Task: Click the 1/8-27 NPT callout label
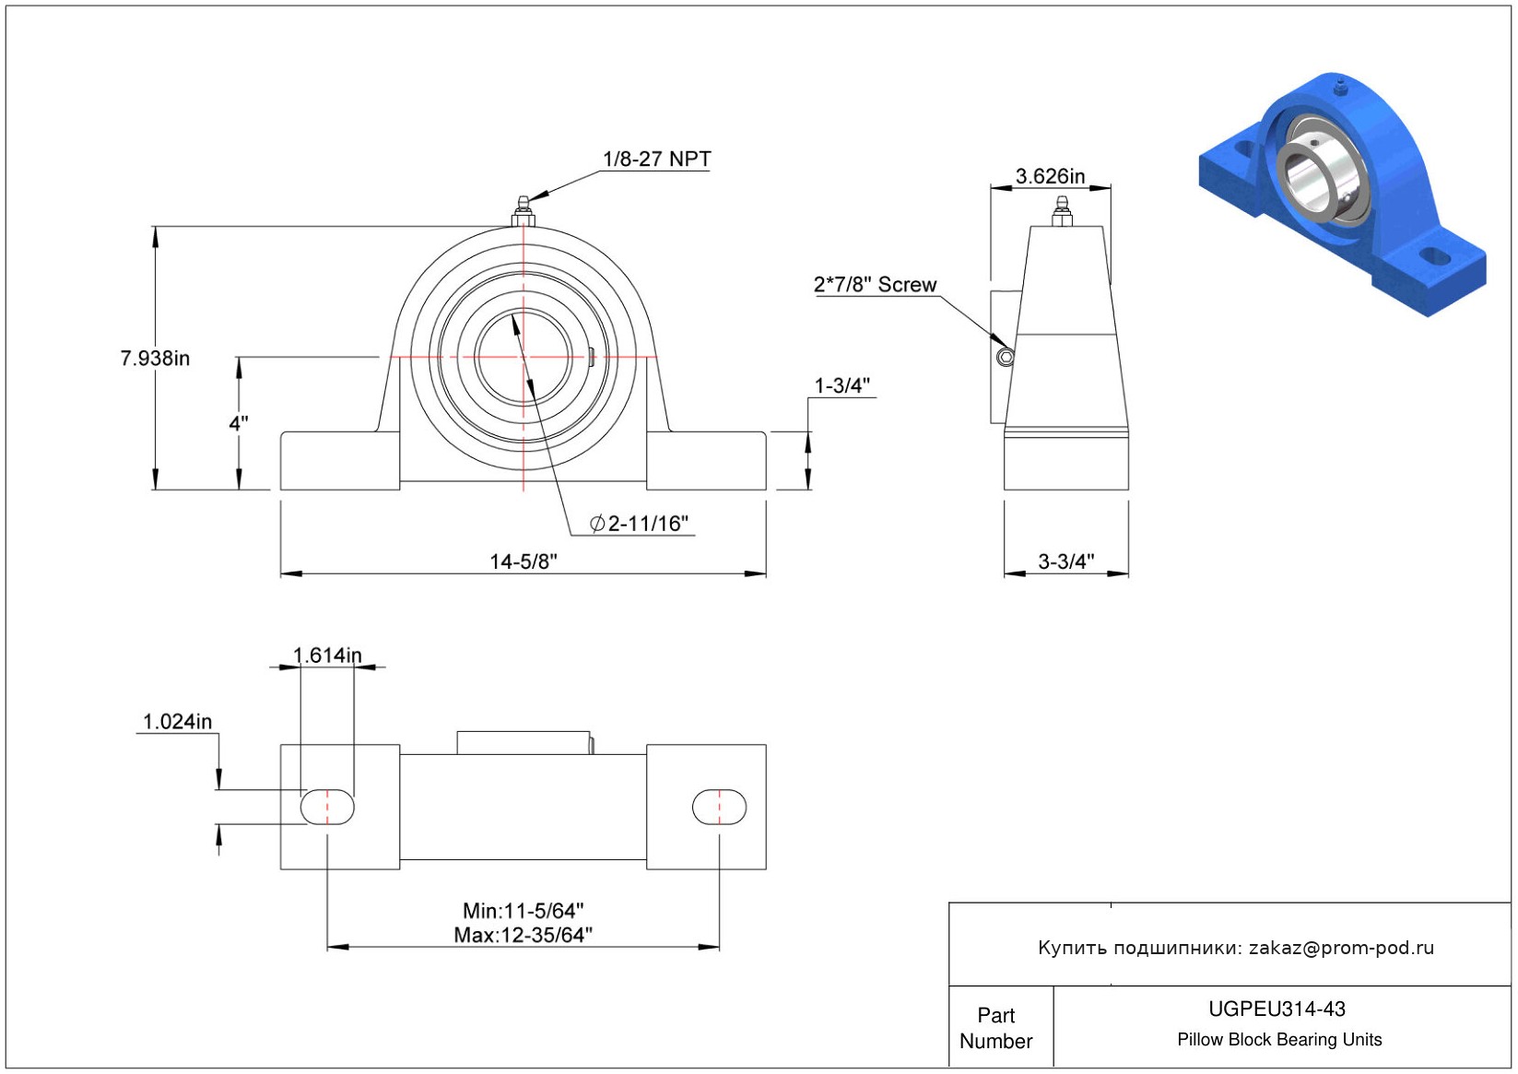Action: (x=656, y=159)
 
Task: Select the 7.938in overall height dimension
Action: (x=155, y=359)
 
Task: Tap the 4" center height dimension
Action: (x=239, y=423)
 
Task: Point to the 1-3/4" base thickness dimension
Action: (x=841, y=386)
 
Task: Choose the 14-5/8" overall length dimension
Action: (x=523, y=561)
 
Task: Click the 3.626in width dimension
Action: (x=1050, y=176)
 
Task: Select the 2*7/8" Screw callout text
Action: (x=875, y=285)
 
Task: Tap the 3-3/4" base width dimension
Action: (x=1065, y=561)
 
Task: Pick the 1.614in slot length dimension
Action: (x=327, y=655)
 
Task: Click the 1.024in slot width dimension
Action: (x=177, y=722)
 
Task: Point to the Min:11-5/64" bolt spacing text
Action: (x=523, y=911)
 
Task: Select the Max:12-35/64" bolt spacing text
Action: (x=523, y=935)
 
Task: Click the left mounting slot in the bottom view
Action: (x=327, y=807)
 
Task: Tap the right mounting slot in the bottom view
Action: (x=719, y=807)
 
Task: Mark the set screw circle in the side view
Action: (x=1006, y=357)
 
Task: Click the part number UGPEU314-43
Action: (x=1277, y=1009)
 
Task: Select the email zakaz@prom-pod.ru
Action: (x=1341, y=948)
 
